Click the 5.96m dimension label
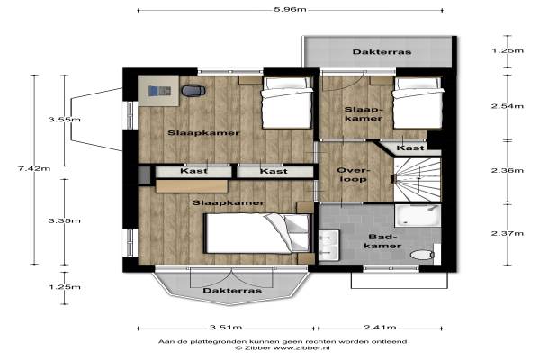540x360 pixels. click(290, 9)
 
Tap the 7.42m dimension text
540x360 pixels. click(34, 168)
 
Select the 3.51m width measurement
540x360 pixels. click(226, 327)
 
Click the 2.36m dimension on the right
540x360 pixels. click(508, 170)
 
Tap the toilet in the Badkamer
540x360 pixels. click(422, 255)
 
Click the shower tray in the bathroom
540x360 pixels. click(418, 216)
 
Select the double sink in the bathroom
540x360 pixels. click(328, 246)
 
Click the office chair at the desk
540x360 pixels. click(193, 91)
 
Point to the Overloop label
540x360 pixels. click(353, 175)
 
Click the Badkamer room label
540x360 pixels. click(382, 241)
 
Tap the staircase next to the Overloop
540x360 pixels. click(418, 180)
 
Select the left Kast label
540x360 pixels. click(193, 171)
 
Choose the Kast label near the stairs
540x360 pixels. click(410, 148)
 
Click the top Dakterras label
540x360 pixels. click(382, 52)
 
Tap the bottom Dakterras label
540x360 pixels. click(232, 291)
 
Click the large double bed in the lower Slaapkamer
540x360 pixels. click(258, 234)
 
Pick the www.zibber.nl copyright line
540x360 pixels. click(283, 348)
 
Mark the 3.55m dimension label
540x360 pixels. click(65, 120)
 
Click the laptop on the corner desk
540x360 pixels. click(159, 91)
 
